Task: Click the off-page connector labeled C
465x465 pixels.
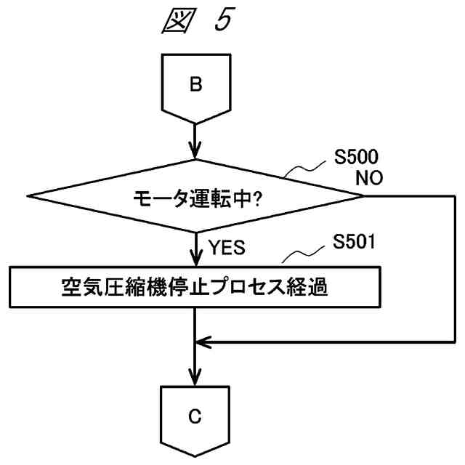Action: click(195, 421)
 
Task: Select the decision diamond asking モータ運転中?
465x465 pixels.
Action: click(195, 195)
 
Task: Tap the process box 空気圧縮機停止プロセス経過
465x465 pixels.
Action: click(195, 288)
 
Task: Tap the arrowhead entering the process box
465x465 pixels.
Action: click(195, 259)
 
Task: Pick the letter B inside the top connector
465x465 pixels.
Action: click(195, 84)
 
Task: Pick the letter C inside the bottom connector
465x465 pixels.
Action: click(195, 417)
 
